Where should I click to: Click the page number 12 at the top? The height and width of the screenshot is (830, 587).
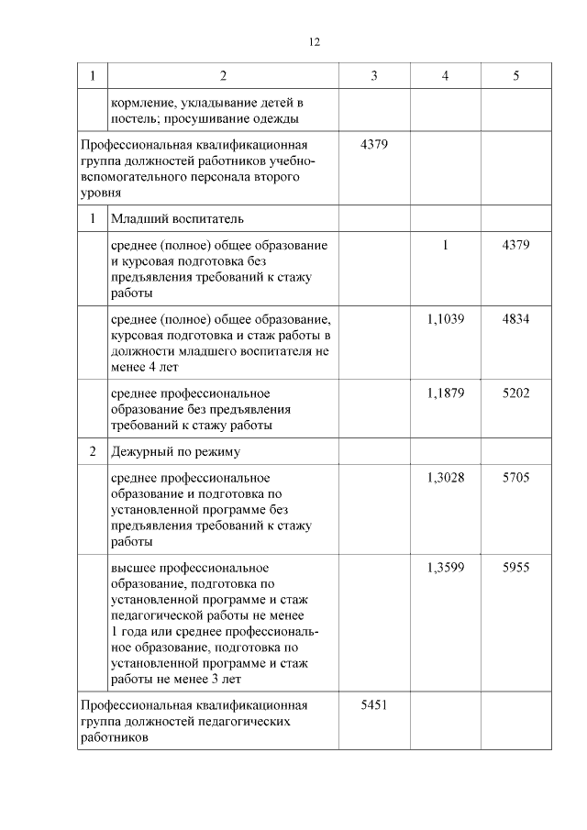pyautogui.click(x=314, y=42)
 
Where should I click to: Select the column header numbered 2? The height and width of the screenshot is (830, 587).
pyautogui.click(x=223, y=76)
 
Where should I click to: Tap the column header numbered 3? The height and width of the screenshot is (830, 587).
pyautogui.click(x=374, y=76)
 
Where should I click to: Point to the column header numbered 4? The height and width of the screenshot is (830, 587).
pyautogui.click(x=445, y=76)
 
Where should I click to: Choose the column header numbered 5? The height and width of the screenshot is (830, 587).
pyautogui.click(x=516, y=76)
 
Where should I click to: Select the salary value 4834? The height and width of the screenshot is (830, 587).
pyautogui.click(x=516, y=319)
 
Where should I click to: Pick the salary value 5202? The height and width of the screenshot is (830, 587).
pyautogui.click(x=516, y=393)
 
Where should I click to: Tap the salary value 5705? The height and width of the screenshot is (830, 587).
pyautogui.click(x=516, y=478)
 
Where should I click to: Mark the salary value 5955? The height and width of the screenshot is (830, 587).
pyautogui.click(x=516, y=568)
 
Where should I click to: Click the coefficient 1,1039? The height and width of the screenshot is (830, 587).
pyautogui.click(x=446, y=319)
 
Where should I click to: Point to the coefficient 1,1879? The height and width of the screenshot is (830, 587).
pyautogui.click(x=446, y=393)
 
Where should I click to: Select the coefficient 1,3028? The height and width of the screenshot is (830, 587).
pyautogui.click(x=446, y=478)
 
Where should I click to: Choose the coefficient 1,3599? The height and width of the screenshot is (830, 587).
pyautogui.click(x=446, y=568)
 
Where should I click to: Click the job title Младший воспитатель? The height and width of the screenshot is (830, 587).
pyautogui.click(x=177, y=219)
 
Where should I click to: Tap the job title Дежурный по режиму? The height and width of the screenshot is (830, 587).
pyautogui.click(x=176, y=452)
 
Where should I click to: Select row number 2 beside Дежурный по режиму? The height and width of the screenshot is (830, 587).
pyautogui.click(x=93, y=452)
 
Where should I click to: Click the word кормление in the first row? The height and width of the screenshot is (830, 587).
pyautogui.click(x=139, y=103)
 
